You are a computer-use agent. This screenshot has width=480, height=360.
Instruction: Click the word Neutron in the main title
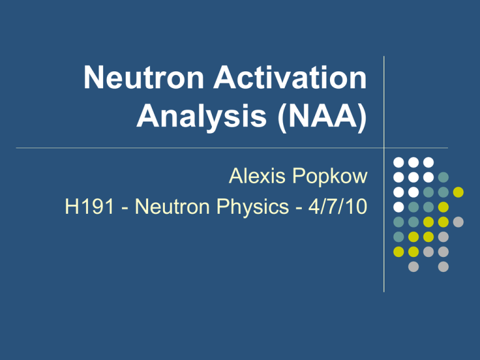pos(144,77)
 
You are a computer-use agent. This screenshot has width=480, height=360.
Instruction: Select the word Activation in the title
pos(290,77)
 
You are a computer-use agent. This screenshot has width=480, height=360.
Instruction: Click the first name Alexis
pos(257,176)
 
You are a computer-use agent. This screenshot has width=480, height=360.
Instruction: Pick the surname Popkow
pos(330,177)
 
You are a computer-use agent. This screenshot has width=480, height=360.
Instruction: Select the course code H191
pos(90,206)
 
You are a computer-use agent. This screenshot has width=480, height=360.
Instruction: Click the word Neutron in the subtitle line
pos(172,206)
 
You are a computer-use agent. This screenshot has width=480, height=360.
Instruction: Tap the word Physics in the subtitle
pos(252,207)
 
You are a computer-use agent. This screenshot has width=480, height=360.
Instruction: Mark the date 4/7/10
pos(337,206)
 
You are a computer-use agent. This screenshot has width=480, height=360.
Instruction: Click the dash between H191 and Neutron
pos(125,208)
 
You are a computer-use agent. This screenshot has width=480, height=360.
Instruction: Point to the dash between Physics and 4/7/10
pos(299,208)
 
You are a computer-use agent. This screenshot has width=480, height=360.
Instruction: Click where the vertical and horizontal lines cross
pos(384,148)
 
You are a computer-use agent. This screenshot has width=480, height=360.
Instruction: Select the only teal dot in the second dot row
pos(443,177)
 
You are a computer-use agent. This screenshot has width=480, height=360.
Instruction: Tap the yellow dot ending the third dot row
pos(458,192)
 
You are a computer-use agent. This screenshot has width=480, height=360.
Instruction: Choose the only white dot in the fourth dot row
pos(399,207)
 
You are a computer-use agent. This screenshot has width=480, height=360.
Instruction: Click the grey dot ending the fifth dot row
pos(458,222)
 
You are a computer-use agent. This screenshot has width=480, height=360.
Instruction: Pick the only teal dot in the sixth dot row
pos(399,237)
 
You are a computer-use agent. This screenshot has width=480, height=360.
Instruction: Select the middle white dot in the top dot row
pos(414,162)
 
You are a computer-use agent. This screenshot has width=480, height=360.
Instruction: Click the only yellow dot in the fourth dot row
pos(443,207)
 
